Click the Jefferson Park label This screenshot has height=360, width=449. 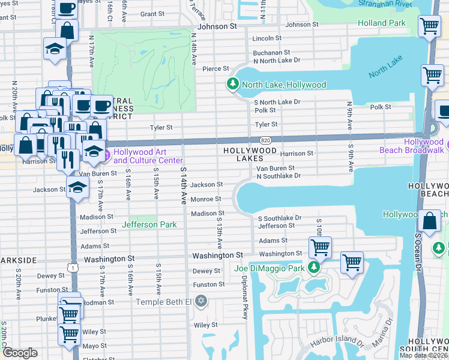(149, 225)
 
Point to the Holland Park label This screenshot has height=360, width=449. (382, 23)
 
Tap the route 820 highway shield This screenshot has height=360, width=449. (265, 140)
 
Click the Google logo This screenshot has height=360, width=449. (20, 353)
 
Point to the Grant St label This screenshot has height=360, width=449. (152, 14)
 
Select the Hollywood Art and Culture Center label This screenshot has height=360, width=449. (148, 156)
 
